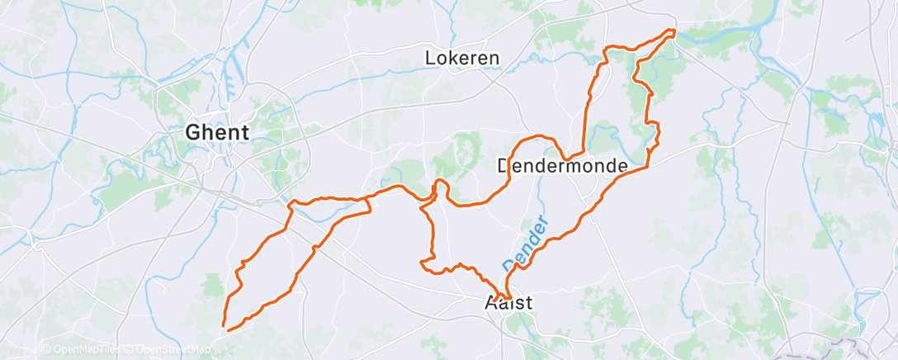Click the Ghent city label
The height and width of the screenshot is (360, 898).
point(218,132)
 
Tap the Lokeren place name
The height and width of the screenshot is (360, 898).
point(462,58)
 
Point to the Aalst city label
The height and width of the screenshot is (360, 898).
point(507,304)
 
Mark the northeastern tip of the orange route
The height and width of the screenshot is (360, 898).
point(673,32)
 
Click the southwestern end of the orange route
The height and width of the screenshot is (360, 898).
point(224,329)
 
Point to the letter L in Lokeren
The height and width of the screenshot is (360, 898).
point(430,58)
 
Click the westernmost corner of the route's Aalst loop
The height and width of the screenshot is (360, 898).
point(422,263)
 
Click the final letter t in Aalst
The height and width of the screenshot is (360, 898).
point(528,304)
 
